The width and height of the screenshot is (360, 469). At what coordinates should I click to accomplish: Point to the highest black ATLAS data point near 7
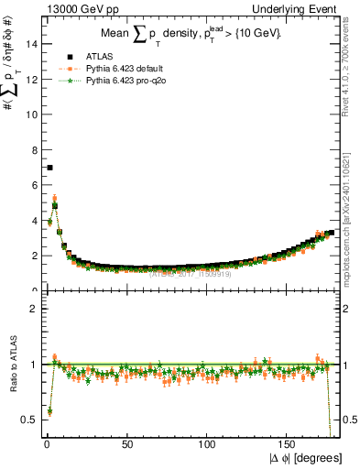coord(49,168)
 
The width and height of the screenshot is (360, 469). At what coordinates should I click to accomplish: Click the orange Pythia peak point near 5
coord(54,198)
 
